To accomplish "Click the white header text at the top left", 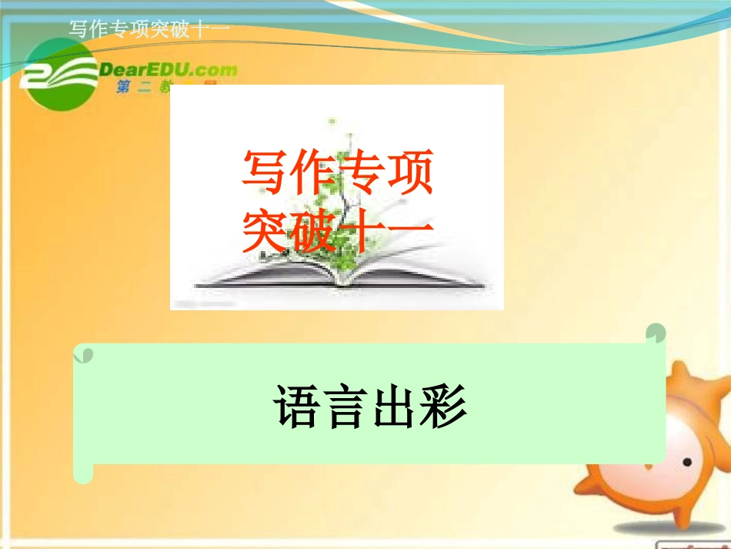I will [149, 29].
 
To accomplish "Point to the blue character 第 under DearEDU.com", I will [123, 89].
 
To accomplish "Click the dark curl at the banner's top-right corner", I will [656, 333].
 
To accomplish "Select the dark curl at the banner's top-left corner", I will [83, 354].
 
